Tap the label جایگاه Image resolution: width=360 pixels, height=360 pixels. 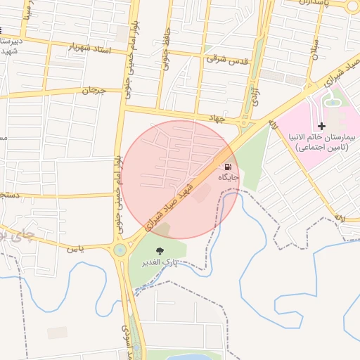[x=229, y=178]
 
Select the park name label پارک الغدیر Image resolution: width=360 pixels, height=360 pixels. [x=160, y=262]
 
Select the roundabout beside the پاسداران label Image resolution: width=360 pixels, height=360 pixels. [x=352, y=6]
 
